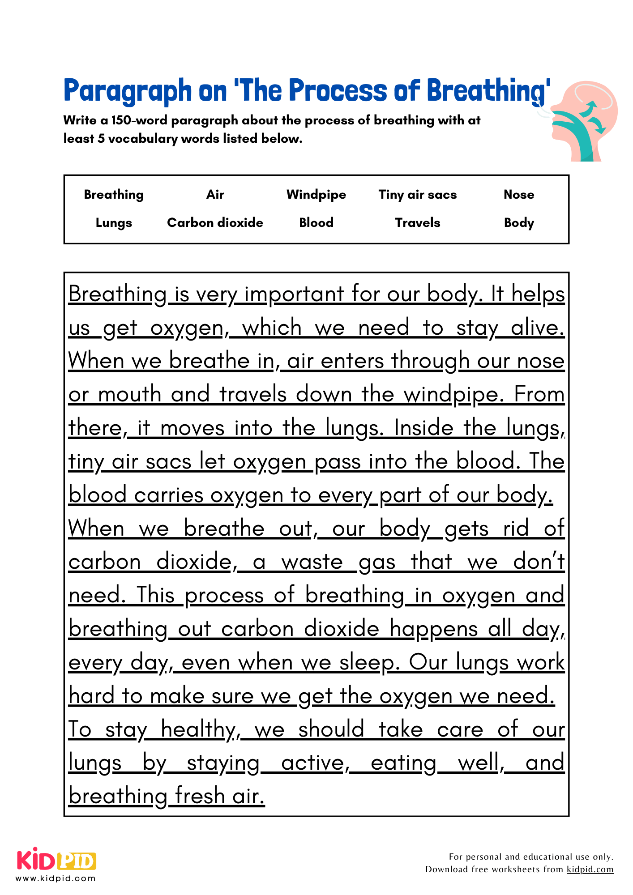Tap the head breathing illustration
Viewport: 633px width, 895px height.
click(x=582, y=121)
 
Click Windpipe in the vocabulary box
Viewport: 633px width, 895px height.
click(x=316, y=195)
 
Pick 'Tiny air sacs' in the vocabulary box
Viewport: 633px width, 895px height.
click(x=417, y=195)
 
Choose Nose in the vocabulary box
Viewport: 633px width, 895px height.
click(x=519, y=195)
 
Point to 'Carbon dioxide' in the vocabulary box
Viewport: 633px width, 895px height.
click(x=215, y=223)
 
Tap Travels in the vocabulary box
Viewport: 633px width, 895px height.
click(x=417, y=223)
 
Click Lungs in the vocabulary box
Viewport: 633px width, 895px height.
click(x=114, y=223)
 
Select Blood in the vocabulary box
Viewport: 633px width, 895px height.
click(x=316, y=223)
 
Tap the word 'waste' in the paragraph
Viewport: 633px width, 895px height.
click(x=312, y=562)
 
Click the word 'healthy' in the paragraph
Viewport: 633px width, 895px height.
click(x=197, y=730)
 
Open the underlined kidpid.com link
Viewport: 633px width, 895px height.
click(x=590, y=869)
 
